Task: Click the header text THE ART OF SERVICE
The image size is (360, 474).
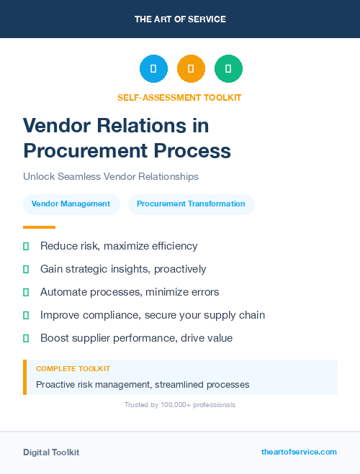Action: [180, 19]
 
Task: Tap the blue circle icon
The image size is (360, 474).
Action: [153, 69]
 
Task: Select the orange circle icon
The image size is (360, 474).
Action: [191, 69]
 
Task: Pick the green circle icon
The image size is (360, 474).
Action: [228, 69]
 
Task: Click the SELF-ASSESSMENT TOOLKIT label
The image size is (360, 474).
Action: [179, 97]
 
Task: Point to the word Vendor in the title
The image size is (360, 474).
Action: [56, 126]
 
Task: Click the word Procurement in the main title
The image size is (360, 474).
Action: [82, 150]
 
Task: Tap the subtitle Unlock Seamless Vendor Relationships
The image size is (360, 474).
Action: [110, 176]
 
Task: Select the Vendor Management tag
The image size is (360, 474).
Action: [71, 204]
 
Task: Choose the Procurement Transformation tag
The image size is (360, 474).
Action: [191, 204]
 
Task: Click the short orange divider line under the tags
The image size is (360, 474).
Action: [39, 227]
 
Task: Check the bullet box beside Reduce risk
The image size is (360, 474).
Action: [26, 247]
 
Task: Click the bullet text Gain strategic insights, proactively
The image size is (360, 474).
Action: [123, 269]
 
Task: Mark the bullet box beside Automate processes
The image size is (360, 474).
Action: [26, 292]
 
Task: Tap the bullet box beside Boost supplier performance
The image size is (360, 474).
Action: [26, 338]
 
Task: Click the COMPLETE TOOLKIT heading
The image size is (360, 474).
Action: [73, 369]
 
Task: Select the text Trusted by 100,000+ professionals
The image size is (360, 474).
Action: [180, 405]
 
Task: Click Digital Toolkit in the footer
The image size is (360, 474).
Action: [51, 452]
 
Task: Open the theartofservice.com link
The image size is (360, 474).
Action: [299, 452]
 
